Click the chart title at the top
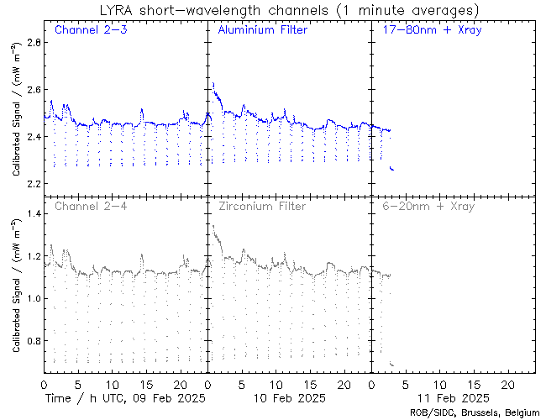coord(288,10)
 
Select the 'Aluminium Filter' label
coord(262,30)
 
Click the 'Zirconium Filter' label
coord(261,206)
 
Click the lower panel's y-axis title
coord(16,286)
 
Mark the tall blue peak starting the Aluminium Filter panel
coord(214,85)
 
